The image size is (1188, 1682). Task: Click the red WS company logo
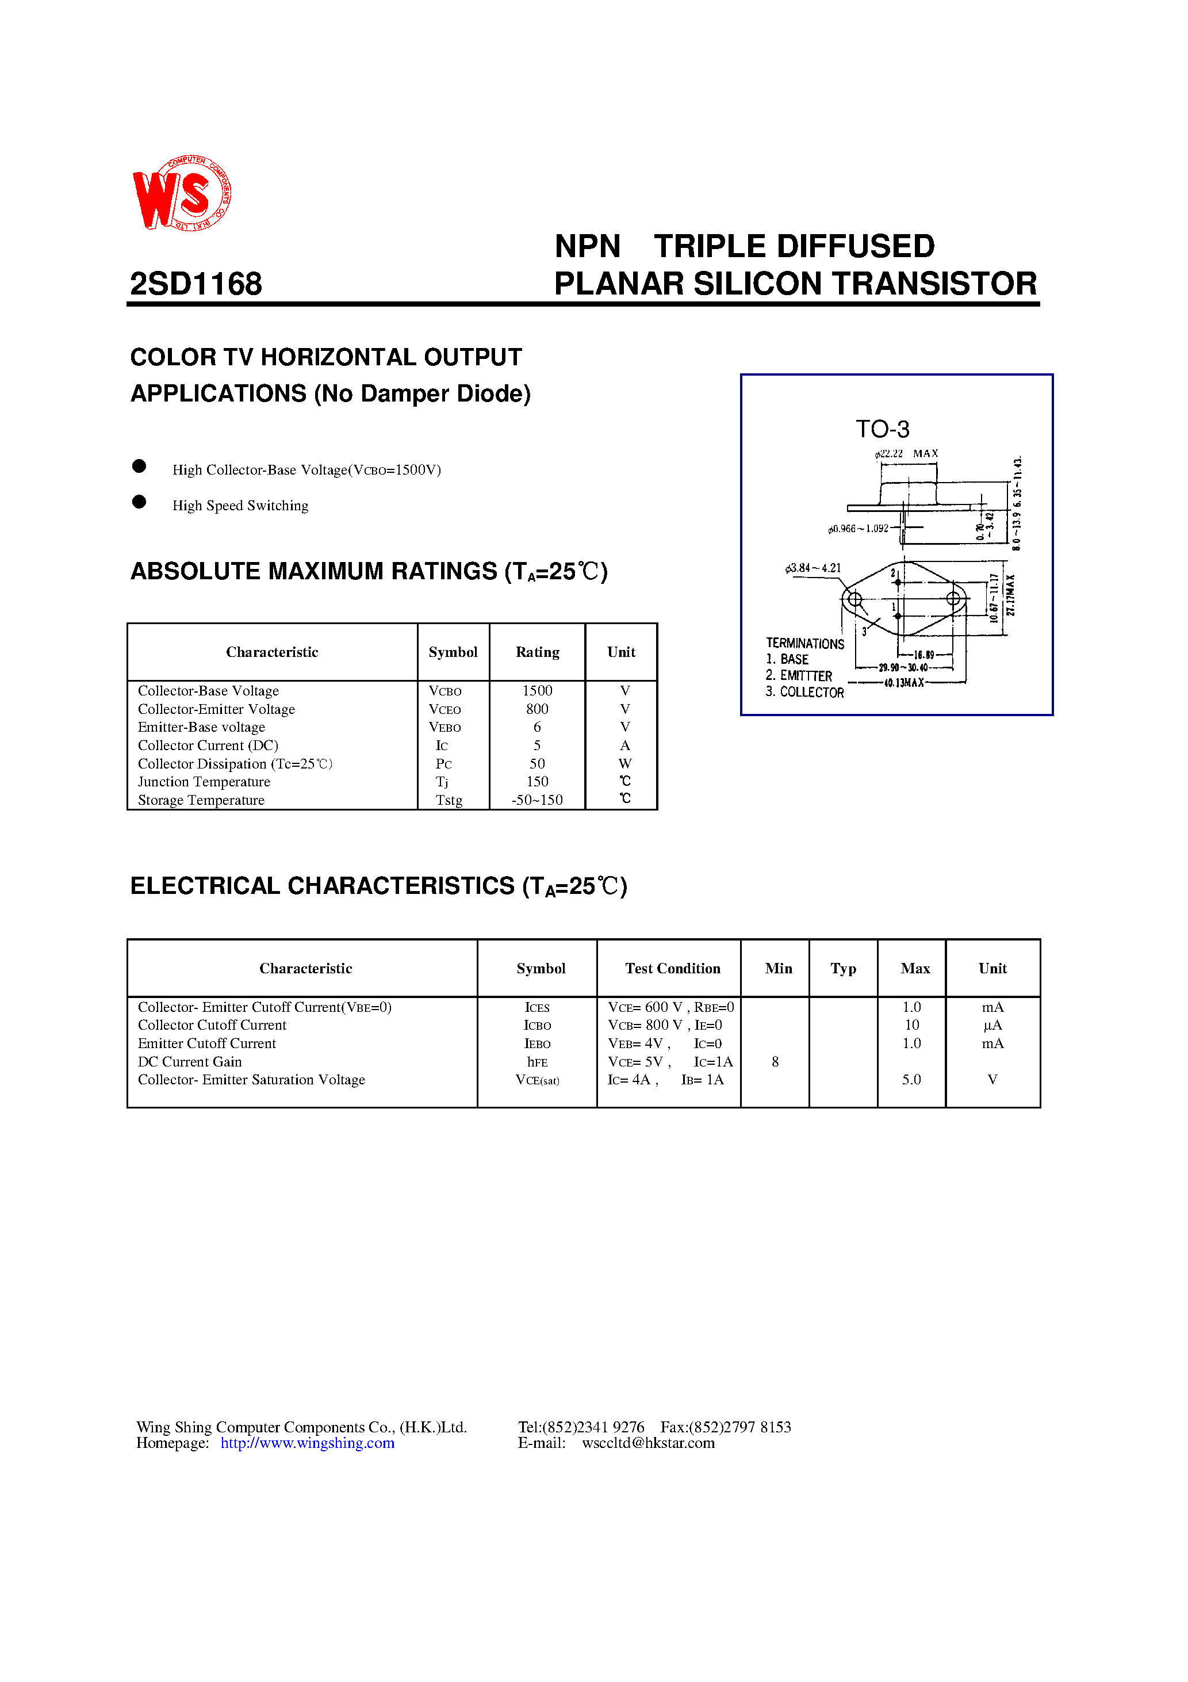(x=182, y=193)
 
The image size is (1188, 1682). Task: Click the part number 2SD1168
(x=196, y=284)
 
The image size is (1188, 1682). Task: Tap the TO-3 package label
(x=882, y=429)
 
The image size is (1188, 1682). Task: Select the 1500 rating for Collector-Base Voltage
(x=537, y=691)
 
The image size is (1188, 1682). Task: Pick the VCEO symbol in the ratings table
(x=444, y=709)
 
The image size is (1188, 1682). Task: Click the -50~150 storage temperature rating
(x=537, y=800)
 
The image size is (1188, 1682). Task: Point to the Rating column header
(x=537, y=652)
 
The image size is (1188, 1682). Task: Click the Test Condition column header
(x=672, y=969)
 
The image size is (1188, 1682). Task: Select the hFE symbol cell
(x=537, y=1061)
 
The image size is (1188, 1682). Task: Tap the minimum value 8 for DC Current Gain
(x=775, y=1061)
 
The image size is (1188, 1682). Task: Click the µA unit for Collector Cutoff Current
(x=992, y=1025)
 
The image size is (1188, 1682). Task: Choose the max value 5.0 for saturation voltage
(x=911, y=1080)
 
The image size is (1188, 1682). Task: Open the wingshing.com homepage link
(x=308, y=1443)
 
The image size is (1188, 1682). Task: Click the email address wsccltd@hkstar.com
(x=648, y=1443)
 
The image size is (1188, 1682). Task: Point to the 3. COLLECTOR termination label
(x=805, y=692)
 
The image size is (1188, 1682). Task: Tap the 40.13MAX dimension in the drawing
(x=904, y=683)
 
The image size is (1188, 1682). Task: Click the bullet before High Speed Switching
(x=139, y=502)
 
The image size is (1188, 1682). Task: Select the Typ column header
(x=843, y=969)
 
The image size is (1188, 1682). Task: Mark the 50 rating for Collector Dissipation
(x=537, y=763)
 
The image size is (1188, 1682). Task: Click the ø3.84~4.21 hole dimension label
(x=813, y=568)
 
